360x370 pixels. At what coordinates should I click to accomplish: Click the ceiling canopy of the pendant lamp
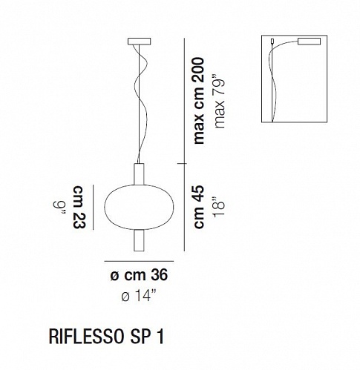(x=139, y=42)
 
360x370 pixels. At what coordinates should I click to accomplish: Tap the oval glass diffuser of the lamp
(x=139, y=207)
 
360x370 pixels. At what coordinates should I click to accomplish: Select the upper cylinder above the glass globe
(x=139, y=174)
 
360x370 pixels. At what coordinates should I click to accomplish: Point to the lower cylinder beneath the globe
(x=139, y=241)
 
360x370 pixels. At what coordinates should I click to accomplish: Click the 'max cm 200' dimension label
(x=199, y=101)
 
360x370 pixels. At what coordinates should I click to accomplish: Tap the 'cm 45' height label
(x=199, y=207)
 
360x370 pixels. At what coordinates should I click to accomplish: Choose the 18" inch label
(x=219, y=207)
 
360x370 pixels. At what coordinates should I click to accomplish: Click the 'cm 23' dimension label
(x=79, y=207)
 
